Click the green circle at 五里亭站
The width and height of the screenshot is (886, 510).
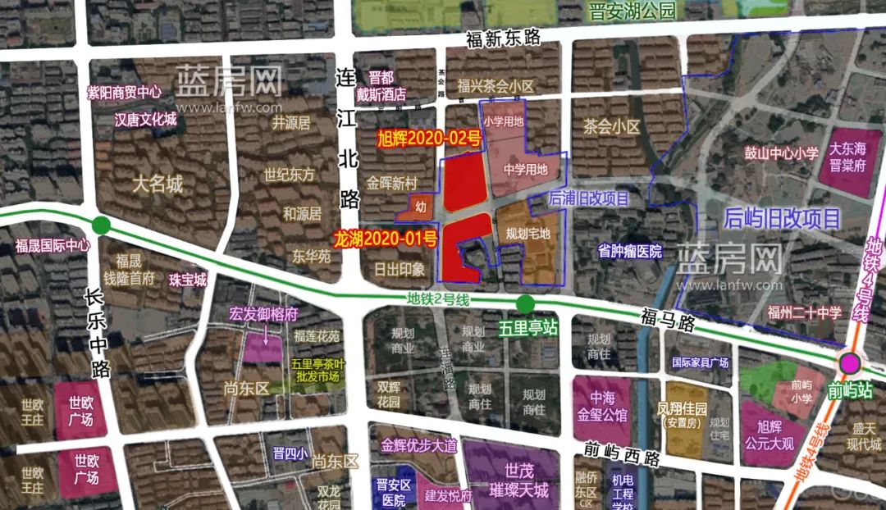tap(526, 306)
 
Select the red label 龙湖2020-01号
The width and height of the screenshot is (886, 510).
tap(385, 239)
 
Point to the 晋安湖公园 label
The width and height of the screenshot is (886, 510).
tap(631, 11)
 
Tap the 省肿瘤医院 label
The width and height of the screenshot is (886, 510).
tap(630, 251)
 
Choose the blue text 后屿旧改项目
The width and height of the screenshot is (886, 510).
tap(783, 218)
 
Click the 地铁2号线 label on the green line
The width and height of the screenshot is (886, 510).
tap(438, 300)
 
